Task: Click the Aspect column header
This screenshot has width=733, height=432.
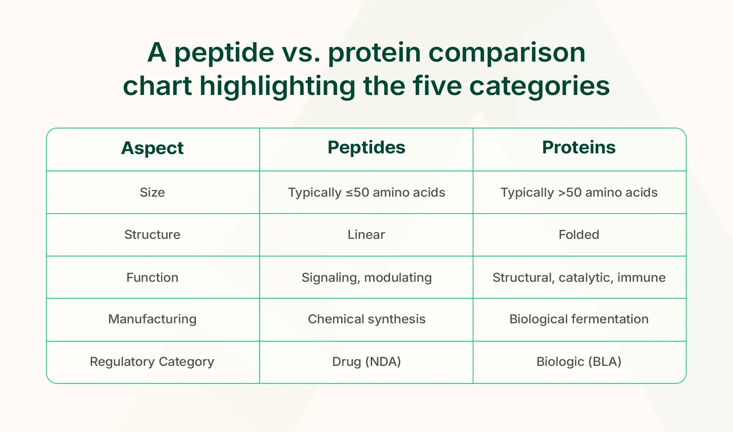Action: tap(152, 148)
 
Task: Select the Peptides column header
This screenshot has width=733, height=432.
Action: tap(366, 147)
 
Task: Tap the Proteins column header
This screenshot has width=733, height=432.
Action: tap(579, 147)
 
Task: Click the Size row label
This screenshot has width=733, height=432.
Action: tap(152, 192)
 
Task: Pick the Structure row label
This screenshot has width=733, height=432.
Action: tap(152, 235)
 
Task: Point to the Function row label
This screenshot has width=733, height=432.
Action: tap(152, 278)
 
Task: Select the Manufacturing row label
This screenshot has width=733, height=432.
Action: tap(152, 319)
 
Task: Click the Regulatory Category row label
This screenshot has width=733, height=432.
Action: tap(152, 362)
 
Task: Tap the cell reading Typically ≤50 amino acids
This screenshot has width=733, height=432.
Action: tap(366, 192)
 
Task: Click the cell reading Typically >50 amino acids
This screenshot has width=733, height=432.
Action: tap(579, 192)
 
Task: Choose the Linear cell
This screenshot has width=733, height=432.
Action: tap(366, 235)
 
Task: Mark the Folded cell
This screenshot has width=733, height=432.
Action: tap(579, 235)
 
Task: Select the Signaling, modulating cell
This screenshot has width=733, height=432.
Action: tap(366, 278)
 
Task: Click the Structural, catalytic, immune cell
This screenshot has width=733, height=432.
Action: tap(579, 278)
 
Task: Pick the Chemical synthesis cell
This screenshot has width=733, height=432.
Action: tap(366, 319)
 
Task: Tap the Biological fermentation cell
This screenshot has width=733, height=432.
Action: tap(579, 319)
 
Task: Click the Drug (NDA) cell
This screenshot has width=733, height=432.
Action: tap(366, 362)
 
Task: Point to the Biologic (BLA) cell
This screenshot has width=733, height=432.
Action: tap(579, 362)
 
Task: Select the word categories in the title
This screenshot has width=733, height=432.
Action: tap(540, 86)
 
